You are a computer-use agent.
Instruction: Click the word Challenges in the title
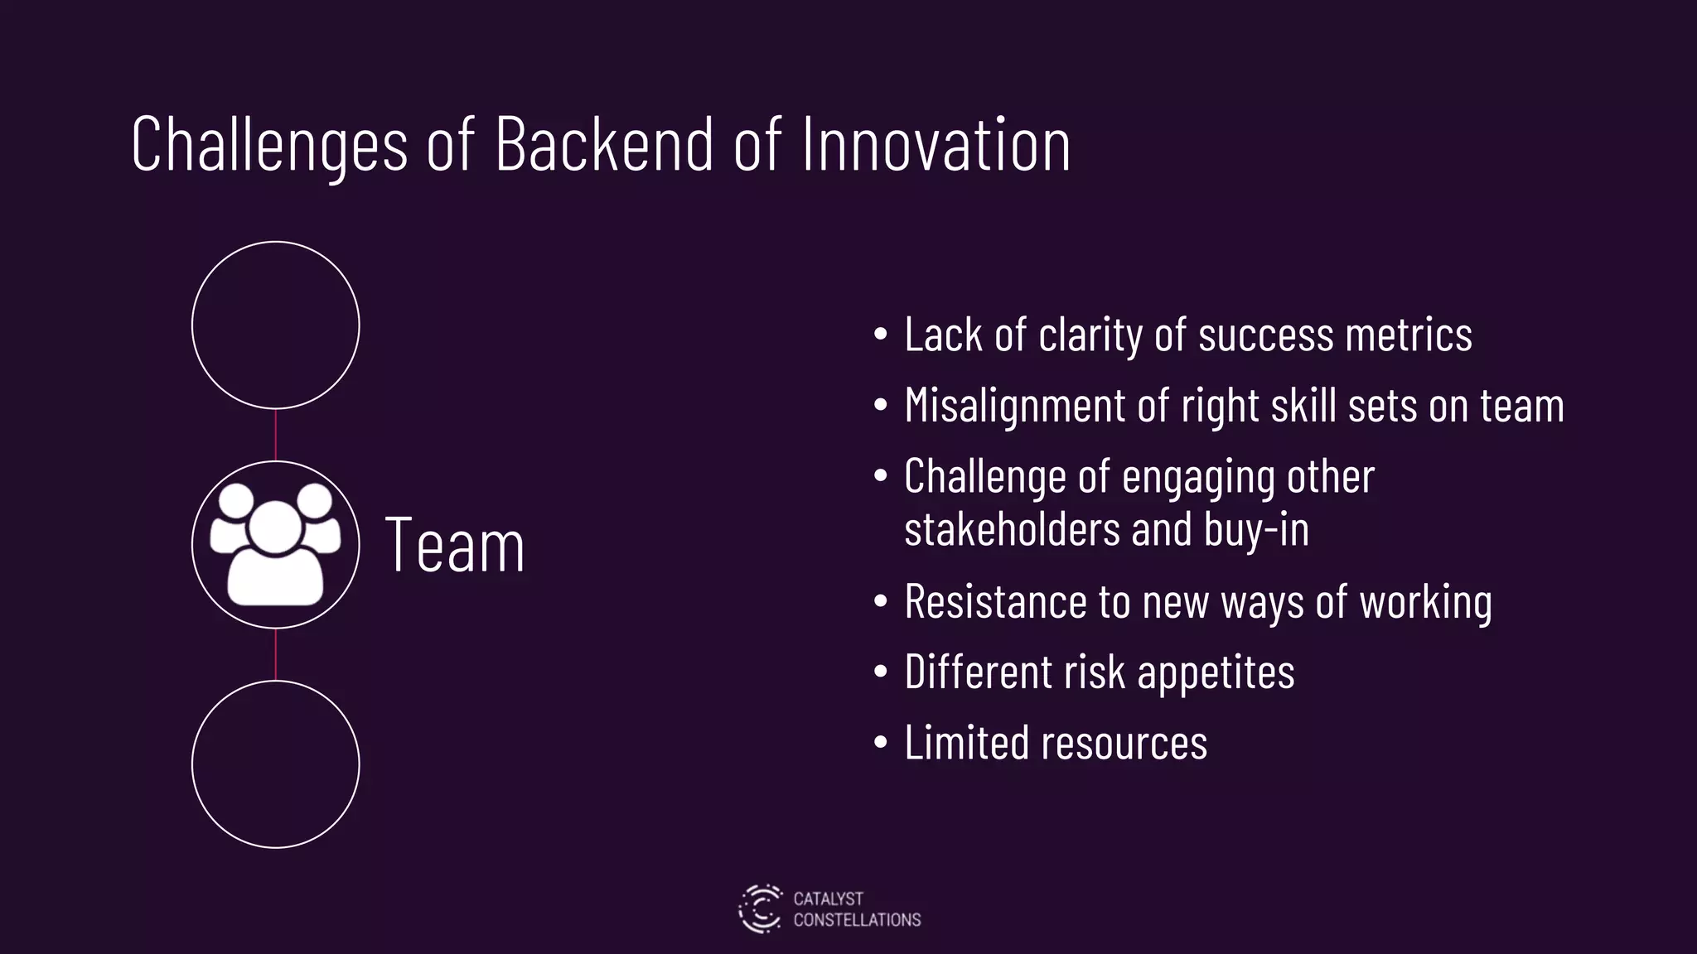coord(269,146)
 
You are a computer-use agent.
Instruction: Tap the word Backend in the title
coord(604,146)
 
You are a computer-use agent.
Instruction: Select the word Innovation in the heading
coord(936,146)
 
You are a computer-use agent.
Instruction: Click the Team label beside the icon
coord(455,546)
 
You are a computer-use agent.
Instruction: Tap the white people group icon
coord(275,543)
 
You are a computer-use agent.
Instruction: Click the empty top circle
coord(275,325)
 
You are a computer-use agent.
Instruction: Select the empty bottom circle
coord(275,764)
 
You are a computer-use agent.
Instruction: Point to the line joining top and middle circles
coord(275,435)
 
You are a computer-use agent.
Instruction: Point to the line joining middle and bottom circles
coord(275,654)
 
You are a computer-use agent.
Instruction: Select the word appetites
coord(1216,672)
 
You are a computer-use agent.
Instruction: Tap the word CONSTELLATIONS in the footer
coord(857,920)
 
